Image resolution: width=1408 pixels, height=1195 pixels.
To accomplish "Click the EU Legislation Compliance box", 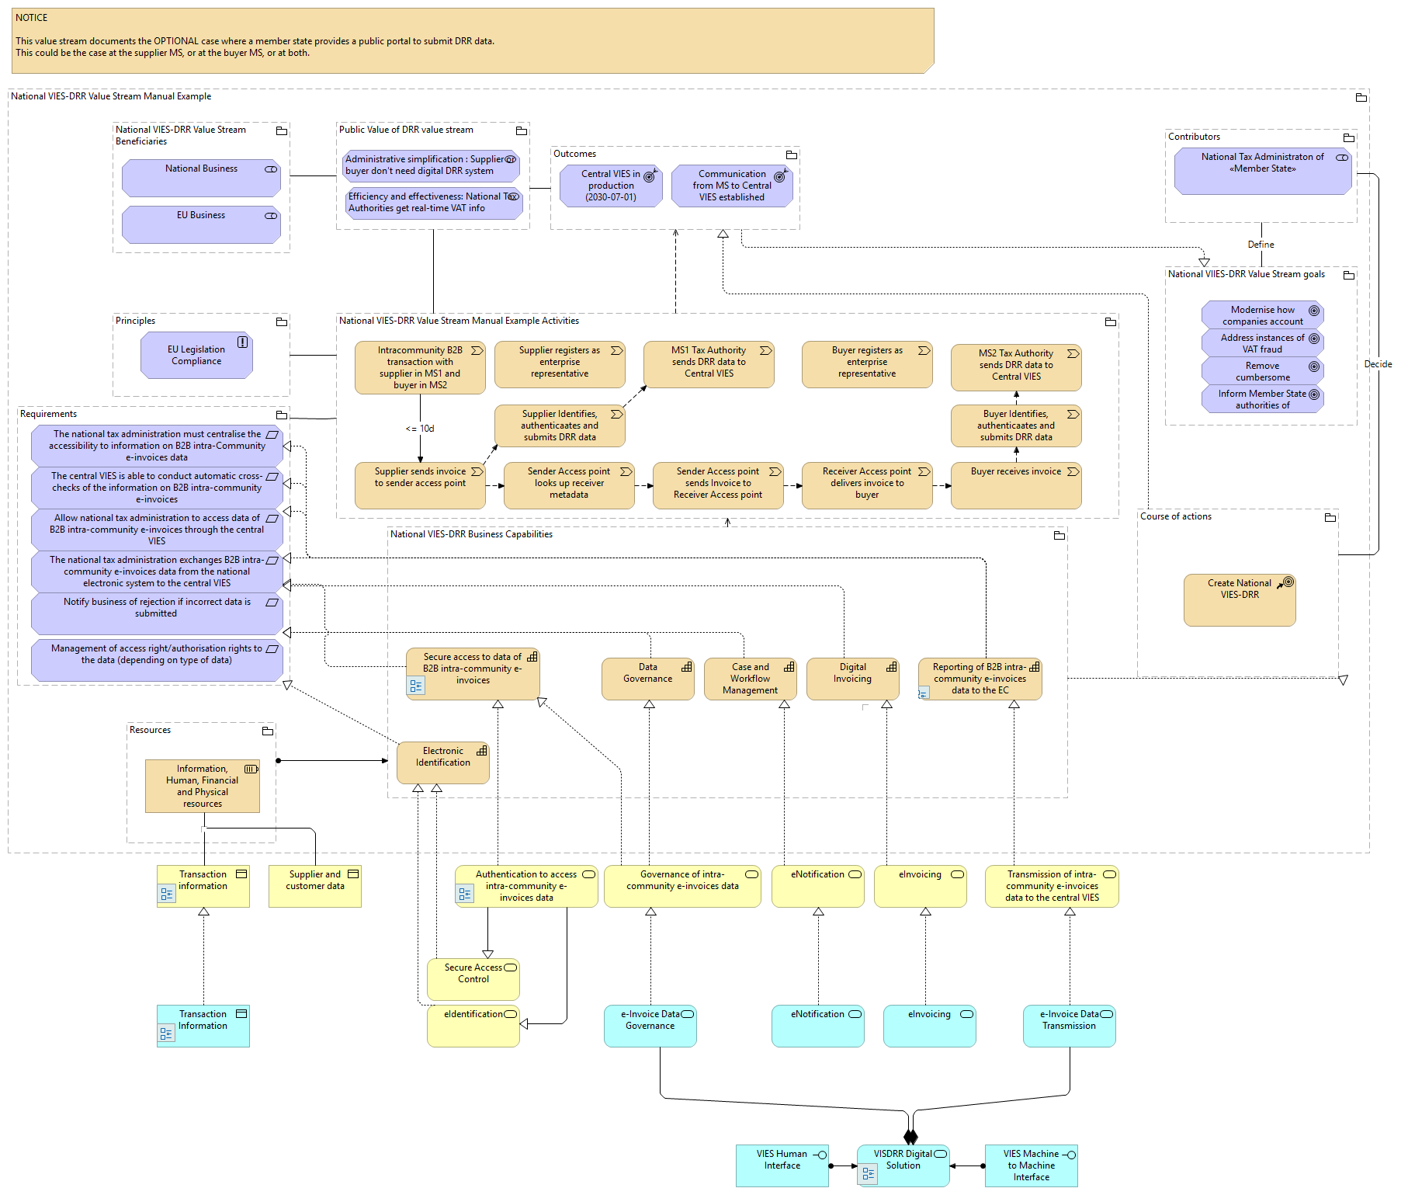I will tap(196, 356).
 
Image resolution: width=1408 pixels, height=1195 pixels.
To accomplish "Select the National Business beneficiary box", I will tap(201, 178).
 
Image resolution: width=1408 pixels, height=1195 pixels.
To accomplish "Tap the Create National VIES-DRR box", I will tap(1240, 599).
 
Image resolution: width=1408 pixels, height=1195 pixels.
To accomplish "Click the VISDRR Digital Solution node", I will tap(903, 1165).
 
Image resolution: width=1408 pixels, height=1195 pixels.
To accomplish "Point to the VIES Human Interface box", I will tap(782, 1165).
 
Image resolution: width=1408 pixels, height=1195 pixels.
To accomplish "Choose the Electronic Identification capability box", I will tap(443, 763).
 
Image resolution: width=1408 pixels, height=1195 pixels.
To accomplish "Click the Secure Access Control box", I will tap(473, 978).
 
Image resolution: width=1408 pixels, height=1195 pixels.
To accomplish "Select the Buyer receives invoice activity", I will tap(1015, 485).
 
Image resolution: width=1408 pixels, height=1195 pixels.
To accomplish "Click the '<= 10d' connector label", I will tap(420, 429).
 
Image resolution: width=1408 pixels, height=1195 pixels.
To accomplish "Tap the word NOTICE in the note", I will tap(32, 18).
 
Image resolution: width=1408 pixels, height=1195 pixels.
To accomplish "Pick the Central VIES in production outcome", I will tap(611, 186).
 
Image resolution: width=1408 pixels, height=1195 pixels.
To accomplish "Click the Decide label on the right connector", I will tap(1378, 364).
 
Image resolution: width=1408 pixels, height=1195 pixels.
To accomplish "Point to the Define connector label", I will tap(1261, 245).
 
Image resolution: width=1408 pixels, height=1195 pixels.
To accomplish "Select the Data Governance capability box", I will tap(647, 678).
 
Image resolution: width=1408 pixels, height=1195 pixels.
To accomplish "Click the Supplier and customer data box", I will tap(314, 886).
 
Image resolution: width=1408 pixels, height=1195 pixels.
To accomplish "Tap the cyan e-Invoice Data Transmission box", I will tap(1069, 1025).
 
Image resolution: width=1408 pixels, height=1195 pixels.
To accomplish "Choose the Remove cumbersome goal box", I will tap(1262, 371).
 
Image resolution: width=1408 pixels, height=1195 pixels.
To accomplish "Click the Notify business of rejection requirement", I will tap(157, 613).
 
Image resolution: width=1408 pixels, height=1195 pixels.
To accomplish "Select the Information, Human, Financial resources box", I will tap(202, 786).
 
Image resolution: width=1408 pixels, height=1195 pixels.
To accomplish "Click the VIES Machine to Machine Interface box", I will tap(1031, 1165).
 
